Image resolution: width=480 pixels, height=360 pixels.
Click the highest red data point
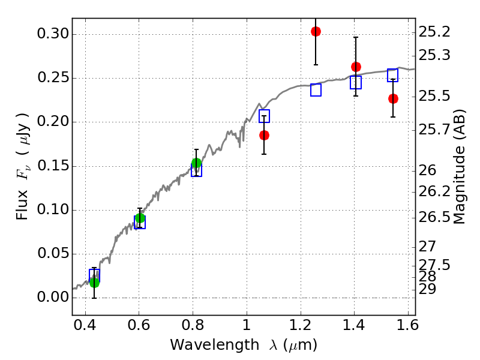pyautogui.click(x=316, y=31)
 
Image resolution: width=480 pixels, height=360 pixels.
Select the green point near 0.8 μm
pyautogui.click(x=196, y=163)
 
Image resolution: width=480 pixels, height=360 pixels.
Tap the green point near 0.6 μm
pyautogui.click(x=140, y=218)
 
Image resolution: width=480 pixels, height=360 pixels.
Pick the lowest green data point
pyautogui.click(x=94, y=283)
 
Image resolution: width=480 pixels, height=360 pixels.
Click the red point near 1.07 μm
pyautogui.click(x=264, y=136)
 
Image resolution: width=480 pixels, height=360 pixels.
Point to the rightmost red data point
pyautogui.click(x=393, y=98)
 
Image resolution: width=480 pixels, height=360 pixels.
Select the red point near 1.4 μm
pyautogui.click(x=356, y=67)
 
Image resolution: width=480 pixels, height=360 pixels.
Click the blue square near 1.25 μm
pyautogui.click(x=316, y=90)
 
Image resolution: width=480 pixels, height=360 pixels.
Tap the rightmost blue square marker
pyautogui.click(x=393, y=76)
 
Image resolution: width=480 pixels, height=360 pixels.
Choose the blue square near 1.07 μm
pyautogui.click(x=264, y=116)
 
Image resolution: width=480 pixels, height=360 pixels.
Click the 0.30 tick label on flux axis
pyautogui.click(x=53, y=34)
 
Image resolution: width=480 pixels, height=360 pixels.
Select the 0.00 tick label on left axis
pyautogui.click(x=53, y=297)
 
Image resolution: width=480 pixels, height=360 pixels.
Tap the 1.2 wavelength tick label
pyautogui.click(x=301, y=325)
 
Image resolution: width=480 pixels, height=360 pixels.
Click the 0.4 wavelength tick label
pyautogui.click(x=85, y=325)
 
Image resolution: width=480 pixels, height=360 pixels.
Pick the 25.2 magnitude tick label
pyautogui.click(x=434, y=32)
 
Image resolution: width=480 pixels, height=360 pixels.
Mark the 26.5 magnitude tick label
pyautogui.click(x=434, y=217)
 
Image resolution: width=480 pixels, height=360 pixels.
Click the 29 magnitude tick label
pyautogui.click(x=427, y=289)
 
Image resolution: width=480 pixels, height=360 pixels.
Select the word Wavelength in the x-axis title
pyautogui.click(x=215, y=345)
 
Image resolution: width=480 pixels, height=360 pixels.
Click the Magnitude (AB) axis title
pyautogui.click(x=458, y=167)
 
